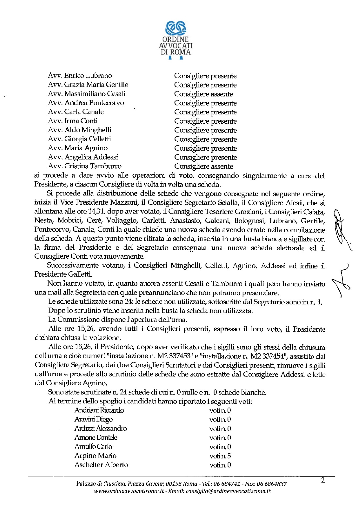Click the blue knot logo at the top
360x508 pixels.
(x=176, y=28)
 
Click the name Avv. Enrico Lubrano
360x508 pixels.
(x=80, y=76)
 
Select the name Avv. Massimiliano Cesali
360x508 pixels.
(x=87, y=94)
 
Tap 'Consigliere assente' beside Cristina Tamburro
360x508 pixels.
(x=203, y=167)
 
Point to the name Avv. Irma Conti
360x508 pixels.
(x=73, y=121)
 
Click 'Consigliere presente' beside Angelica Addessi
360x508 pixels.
(x=205, y=157)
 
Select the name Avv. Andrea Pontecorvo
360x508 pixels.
(x=86, y=103)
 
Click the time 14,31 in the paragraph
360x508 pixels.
(x=97, y=212)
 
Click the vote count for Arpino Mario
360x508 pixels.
(x=220, y=456)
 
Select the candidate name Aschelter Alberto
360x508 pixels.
(x=101, y=465)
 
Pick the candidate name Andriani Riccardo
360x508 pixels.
(x=99, y=410)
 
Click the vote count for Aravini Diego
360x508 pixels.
(x=220, y=420)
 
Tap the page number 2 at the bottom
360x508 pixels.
(x=323, y=480)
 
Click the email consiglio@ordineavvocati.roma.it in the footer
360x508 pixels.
(x=228, y=491)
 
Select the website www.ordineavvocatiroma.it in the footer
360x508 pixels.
(x=129, y=491)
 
